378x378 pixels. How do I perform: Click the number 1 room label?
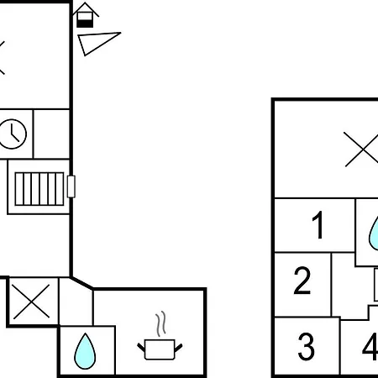(x=318, y=225)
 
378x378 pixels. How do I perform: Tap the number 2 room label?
(x=302, y=281)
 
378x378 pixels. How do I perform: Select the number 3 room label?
(x=306, y=346)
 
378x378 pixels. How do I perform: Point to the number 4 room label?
(x=370, y=346)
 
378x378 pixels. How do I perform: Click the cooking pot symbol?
(x=160, y=349)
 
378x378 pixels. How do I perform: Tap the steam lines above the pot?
(x=160, y=323)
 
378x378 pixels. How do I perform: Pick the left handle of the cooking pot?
(x=141, y=348)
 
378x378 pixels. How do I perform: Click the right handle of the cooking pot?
(x=178, y=348)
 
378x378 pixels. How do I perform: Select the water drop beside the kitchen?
(x=85, y=351)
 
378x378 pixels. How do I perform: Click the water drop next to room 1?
(x=374, y=233)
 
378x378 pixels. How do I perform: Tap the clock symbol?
(x=12, y=134)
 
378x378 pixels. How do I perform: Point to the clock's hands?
(x=13, y=133)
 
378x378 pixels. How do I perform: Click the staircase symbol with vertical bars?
(x=39, y=189)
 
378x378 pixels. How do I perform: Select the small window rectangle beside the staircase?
(x=71, y=186)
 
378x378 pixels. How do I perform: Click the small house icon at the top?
(x=86, y=15)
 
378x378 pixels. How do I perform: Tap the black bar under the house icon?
(x=85, y=24)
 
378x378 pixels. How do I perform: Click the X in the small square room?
(x=31, y=302)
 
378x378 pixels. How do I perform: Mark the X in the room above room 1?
(x=361, y=150)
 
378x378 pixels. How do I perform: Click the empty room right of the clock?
(x=51, y=134)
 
